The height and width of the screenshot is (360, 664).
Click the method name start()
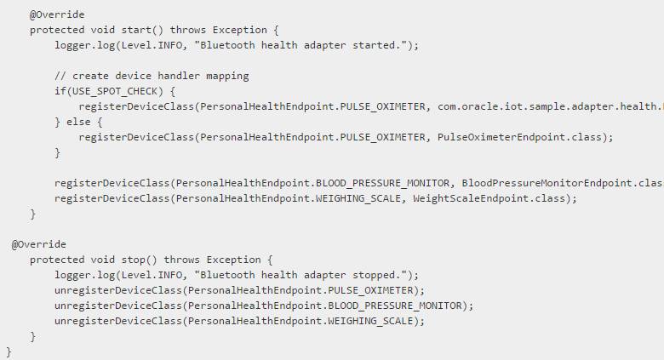pyautogui.click(x=133, y=30)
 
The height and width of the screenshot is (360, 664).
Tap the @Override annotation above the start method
pyautogui.click(x=57, y=14)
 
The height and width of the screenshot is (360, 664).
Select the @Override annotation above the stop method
pyautogui.click(x=38, y=244)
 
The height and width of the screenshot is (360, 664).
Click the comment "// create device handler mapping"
pyautogui.click(x=152, y=76)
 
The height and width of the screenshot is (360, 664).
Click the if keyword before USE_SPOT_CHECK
pyautogui.click(x=60, y=91)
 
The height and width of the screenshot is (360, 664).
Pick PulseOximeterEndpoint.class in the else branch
pyautogui.click(x=524, y=137)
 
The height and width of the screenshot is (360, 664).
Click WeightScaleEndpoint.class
pyautogui.click(x=493, y=198)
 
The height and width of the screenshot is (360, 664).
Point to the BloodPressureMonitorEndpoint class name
pyautogui.click(x=549, y=183)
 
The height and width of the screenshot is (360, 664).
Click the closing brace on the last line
pyautogui.click(x=9, y=351)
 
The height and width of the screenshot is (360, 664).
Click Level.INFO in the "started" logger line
pyautogui.click(x=144, y=45)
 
